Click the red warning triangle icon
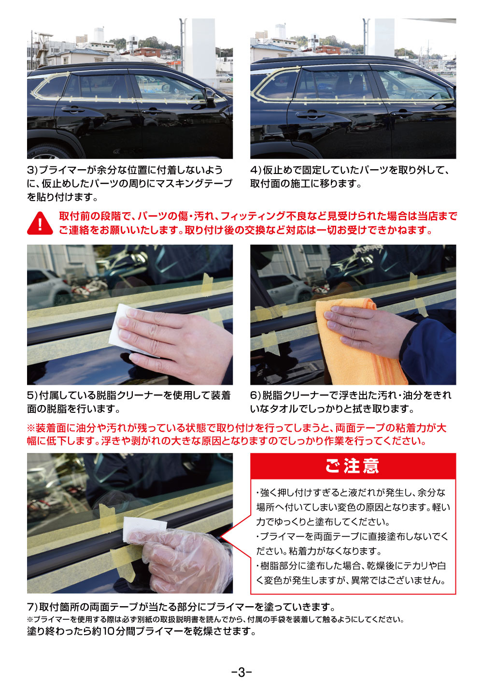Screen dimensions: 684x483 pyautogui.click(x=40, y=223)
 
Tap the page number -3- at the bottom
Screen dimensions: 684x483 pyautogui.click(x=241, y=671)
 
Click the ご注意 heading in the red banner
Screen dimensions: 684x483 pyautogui.click(x=352, y=466)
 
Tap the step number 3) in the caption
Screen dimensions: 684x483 pyautogui.click(x=32, y=170)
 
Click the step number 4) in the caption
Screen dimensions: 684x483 pyautogui.click(x=256, y=170)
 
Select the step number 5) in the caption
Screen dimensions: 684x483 pyautogui.click(x=32, y=395)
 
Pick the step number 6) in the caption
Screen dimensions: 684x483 pyautogui.click(x=256, y=395)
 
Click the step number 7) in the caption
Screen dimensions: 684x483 pyautogui.click(x=32, y=607)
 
